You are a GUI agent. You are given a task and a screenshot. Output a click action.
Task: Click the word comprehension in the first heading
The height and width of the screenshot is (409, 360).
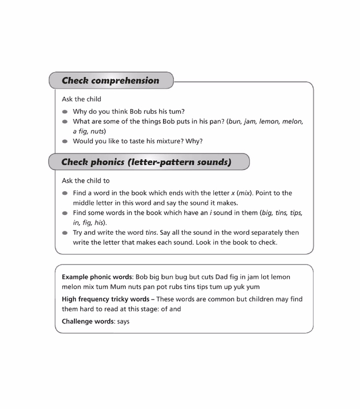pyautogui.click(x=125, y=81)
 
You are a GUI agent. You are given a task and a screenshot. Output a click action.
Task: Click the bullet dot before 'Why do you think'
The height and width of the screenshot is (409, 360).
pyautogui.click(x=65, y=112)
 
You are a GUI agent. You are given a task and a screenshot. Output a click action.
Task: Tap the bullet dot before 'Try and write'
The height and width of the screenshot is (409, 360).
pyautogui.click(x=65, y=233)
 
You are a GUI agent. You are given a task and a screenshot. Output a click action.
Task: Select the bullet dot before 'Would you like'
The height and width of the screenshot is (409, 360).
pyautogui.click(x=65, y=141)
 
